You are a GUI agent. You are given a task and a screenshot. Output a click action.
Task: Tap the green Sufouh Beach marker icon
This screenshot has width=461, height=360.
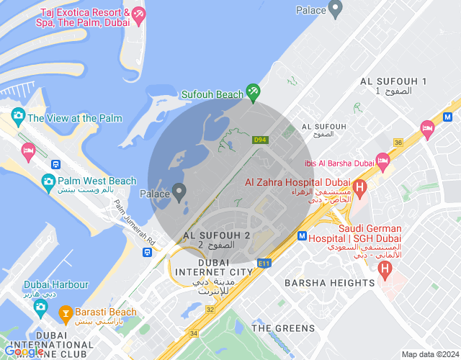point(253,92)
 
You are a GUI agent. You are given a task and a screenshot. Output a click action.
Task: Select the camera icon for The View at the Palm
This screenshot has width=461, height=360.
point(18,115)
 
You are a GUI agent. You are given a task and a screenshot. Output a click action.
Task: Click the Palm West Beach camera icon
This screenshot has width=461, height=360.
point(49,181)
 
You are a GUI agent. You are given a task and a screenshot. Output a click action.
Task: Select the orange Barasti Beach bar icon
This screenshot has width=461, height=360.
point(64,312)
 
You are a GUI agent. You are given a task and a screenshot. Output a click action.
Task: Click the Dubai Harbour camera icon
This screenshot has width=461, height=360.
point(40,307)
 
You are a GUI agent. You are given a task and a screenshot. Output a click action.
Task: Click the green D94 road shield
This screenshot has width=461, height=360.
point(260,140)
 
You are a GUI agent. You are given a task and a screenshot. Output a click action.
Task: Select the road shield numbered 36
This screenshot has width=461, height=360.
point(398,143)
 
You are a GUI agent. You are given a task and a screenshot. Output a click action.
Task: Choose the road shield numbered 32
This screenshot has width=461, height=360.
point(210,308)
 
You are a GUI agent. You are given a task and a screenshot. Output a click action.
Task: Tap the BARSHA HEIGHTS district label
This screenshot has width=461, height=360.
point(329,283)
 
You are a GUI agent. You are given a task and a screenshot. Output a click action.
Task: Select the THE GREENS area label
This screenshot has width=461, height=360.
point(283,328)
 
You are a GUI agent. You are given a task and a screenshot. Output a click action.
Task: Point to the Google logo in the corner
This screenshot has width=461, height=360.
point(24,351)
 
